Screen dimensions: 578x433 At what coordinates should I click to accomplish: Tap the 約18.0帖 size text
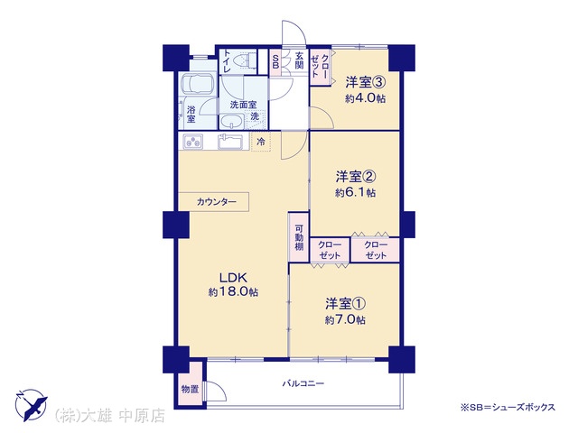pos(233,292)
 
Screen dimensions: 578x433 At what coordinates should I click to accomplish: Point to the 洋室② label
pos(355,177)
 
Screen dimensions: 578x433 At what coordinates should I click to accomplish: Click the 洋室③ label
pos(365,82)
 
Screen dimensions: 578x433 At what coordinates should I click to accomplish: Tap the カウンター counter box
pos(214,202)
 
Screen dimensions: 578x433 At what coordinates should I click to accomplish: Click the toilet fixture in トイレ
pos(245,60)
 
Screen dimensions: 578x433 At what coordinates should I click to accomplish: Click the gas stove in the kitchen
pos(193,142)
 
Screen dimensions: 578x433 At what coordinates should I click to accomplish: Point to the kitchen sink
pos(231,142)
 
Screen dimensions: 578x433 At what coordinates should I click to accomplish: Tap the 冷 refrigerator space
pos(261,142)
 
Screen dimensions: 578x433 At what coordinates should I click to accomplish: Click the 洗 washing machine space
pos(255,117)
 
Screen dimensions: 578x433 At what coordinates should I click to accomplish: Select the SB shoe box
pos(275,62)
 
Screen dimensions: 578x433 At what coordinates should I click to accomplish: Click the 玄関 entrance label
pos(299,60)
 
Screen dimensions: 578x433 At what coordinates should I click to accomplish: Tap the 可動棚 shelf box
pos(299,237)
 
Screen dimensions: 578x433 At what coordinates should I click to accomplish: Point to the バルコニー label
pos(303,383)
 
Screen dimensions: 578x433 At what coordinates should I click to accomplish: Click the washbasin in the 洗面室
pos(231,121)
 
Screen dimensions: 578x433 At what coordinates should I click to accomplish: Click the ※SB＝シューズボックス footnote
pos(508,407)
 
